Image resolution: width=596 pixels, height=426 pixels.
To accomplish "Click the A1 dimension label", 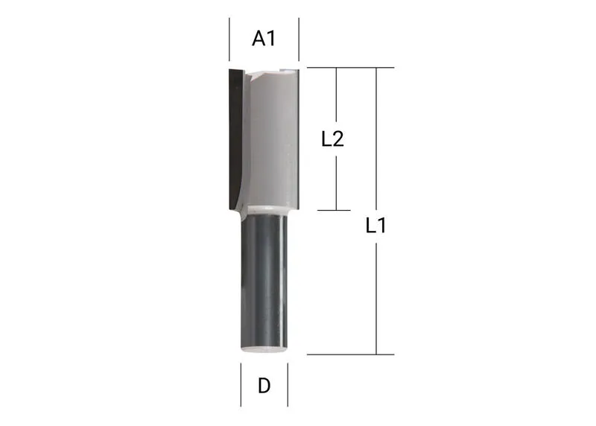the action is point(264,39).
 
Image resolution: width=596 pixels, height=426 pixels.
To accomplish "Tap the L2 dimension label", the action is point(332,139).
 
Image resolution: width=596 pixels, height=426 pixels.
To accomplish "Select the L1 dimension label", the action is point(376,226).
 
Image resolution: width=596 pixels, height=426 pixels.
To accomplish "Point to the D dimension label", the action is point(264,386).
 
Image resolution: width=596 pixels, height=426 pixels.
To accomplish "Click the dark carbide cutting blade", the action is point(235,139).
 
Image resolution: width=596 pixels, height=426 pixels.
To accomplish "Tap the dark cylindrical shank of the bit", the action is point(264,282).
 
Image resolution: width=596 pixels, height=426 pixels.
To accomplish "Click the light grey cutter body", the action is point(273,139).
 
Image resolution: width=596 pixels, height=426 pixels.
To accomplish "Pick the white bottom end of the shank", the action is point(264,349).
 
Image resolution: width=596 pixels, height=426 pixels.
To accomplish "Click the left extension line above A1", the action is point(229,39).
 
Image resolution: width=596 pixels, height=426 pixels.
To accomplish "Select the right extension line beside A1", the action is point(299,39).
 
